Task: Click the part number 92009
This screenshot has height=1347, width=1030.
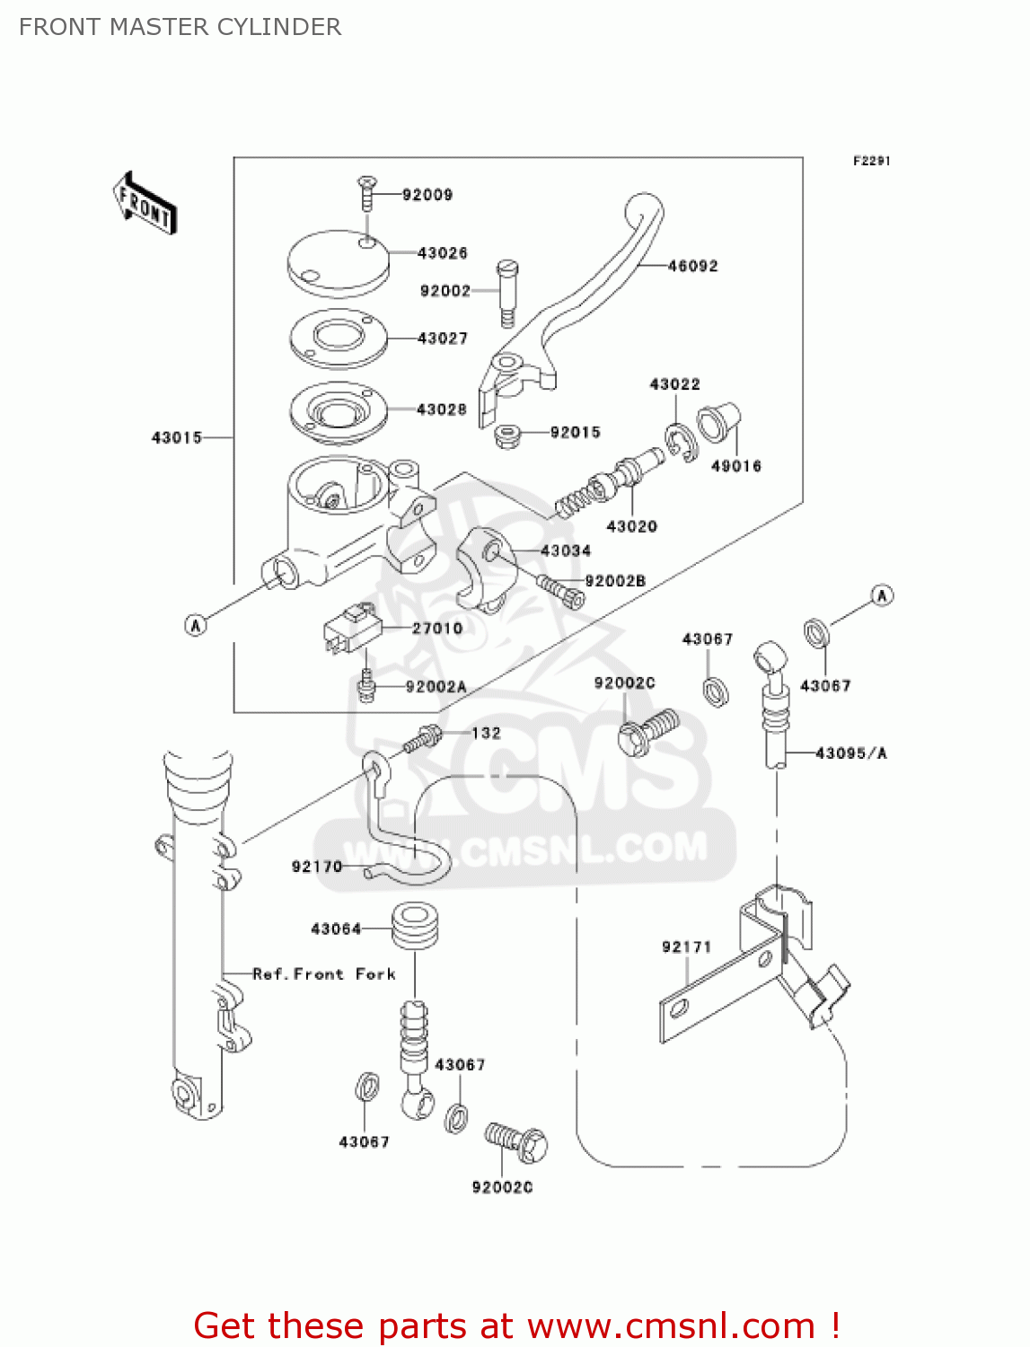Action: [x=427, y=195]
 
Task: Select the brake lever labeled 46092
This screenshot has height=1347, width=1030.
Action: [x=593, y=287]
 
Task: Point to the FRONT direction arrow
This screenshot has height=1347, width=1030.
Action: [x=145, y=204]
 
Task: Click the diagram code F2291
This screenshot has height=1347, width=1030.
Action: [x=871, y=161]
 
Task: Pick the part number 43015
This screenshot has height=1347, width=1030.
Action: [x=176, y=437]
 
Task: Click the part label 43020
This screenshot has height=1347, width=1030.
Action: [x=631, y=526]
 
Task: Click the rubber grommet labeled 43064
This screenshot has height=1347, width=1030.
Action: [x=414, y=927]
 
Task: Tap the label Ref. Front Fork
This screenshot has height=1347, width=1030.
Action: [x=323, y=974]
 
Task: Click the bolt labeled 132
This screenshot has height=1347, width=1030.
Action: [x=421, y=739]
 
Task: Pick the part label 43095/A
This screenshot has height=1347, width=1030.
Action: [x=850, y=753]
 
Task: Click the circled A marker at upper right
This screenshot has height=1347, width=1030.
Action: [x=882, y=595]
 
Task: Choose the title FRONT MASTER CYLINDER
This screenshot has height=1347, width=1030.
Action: [x=180, y=27]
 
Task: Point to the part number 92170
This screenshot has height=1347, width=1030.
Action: [x=316, y=867]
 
